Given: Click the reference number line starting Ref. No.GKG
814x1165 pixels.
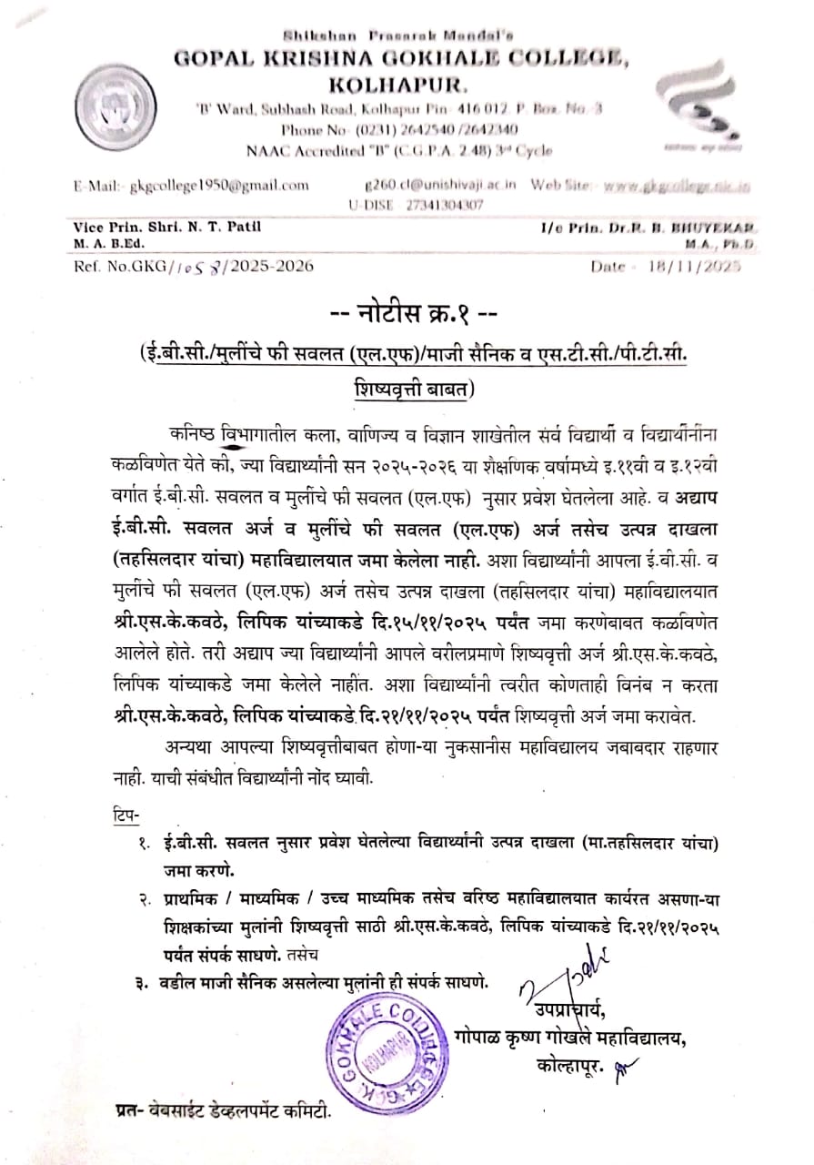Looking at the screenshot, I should [x=195, y=267].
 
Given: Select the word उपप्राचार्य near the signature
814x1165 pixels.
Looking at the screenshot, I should [x=563, y=1009].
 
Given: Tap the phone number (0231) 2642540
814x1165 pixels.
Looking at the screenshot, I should [x=401, y=129].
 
